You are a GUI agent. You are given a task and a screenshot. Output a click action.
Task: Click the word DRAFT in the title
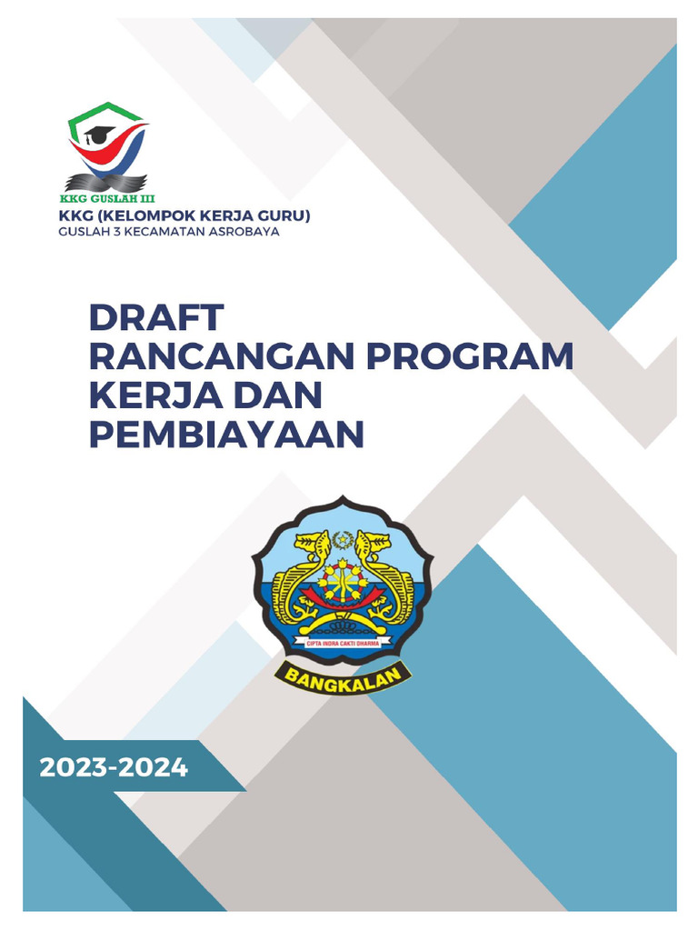pyautogui.click(x=155, y=318)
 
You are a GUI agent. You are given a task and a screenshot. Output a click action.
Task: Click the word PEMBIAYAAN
pyautogui.click(x=226, y=435)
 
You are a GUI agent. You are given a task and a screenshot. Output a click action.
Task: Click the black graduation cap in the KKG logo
pyautogui.click(x=100, y=135)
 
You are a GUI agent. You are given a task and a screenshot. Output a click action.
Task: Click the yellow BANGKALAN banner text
pyautogui.click(x=344, y=675)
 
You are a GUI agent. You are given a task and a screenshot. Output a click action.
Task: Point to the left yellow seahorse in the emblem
pyautogui.click(x=304, y=568)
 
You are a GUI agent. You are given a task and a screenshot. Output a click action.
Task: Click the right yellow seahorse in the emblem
pyautogui.click(x=379, y=568)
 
